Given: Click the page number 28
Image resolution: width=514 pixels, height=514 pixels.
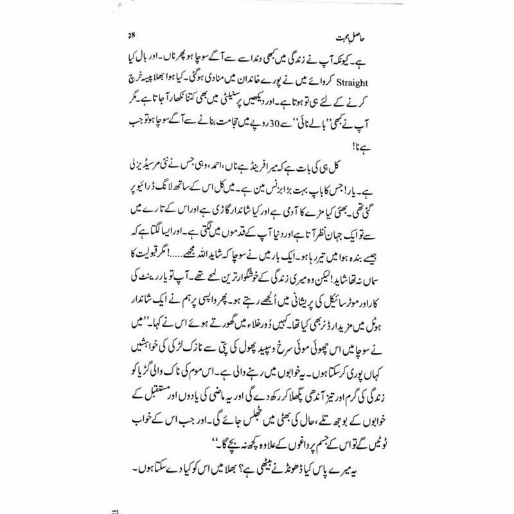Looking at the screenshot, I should pos(132,35).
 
